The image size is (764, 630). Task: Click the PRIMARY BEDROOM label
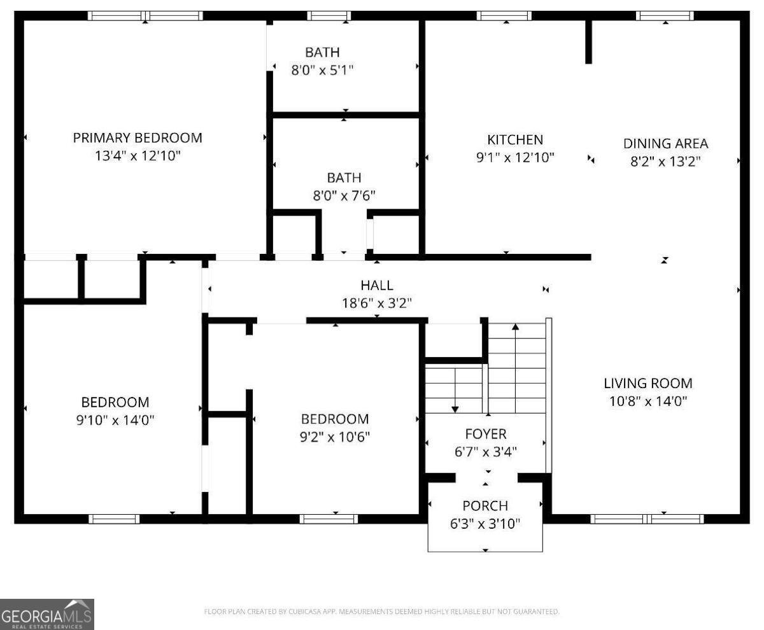[x=138, y=137]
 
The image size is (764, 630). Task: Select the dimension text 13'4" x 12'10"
[x=138, y=155]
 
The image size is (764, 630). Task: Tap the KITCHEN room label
[x=515, y=139]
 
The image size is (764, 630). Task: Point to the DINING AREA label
[x=665, y=143]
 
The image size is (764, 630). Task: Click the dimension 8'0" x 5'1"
[x=322, y=70]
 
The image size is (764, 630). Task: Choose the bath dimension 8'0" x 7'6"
[x=344, y=195]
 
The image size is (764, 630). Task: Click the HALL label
[x=377, y=285]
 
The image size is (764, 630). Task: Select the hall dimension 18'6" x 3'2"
[x=377, y=303]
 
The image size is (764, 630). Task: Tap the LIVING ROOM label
[x=647, y=383]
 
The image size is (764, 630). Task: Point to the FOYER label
[x=486, y=434]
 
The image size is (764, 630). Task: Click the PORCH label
[x=485, y=506]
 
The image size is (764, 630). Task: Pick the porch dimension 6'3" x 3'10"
[x=485, y=524]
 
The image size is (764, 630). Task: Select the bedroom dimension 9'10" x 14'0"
[x=115, y=420]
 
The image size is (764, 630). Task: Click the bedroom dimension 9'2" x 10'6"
[x=335, y=437]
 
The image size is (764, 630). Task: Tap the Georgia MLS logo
[x=47, y=614]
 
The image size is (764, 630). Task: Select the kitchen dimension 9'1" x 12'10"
[x=515, y=157]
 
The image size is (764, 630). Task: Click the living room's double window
[x=647, y=519]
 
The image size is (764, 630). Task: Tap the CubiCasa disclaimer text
[x=382, y=612]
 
